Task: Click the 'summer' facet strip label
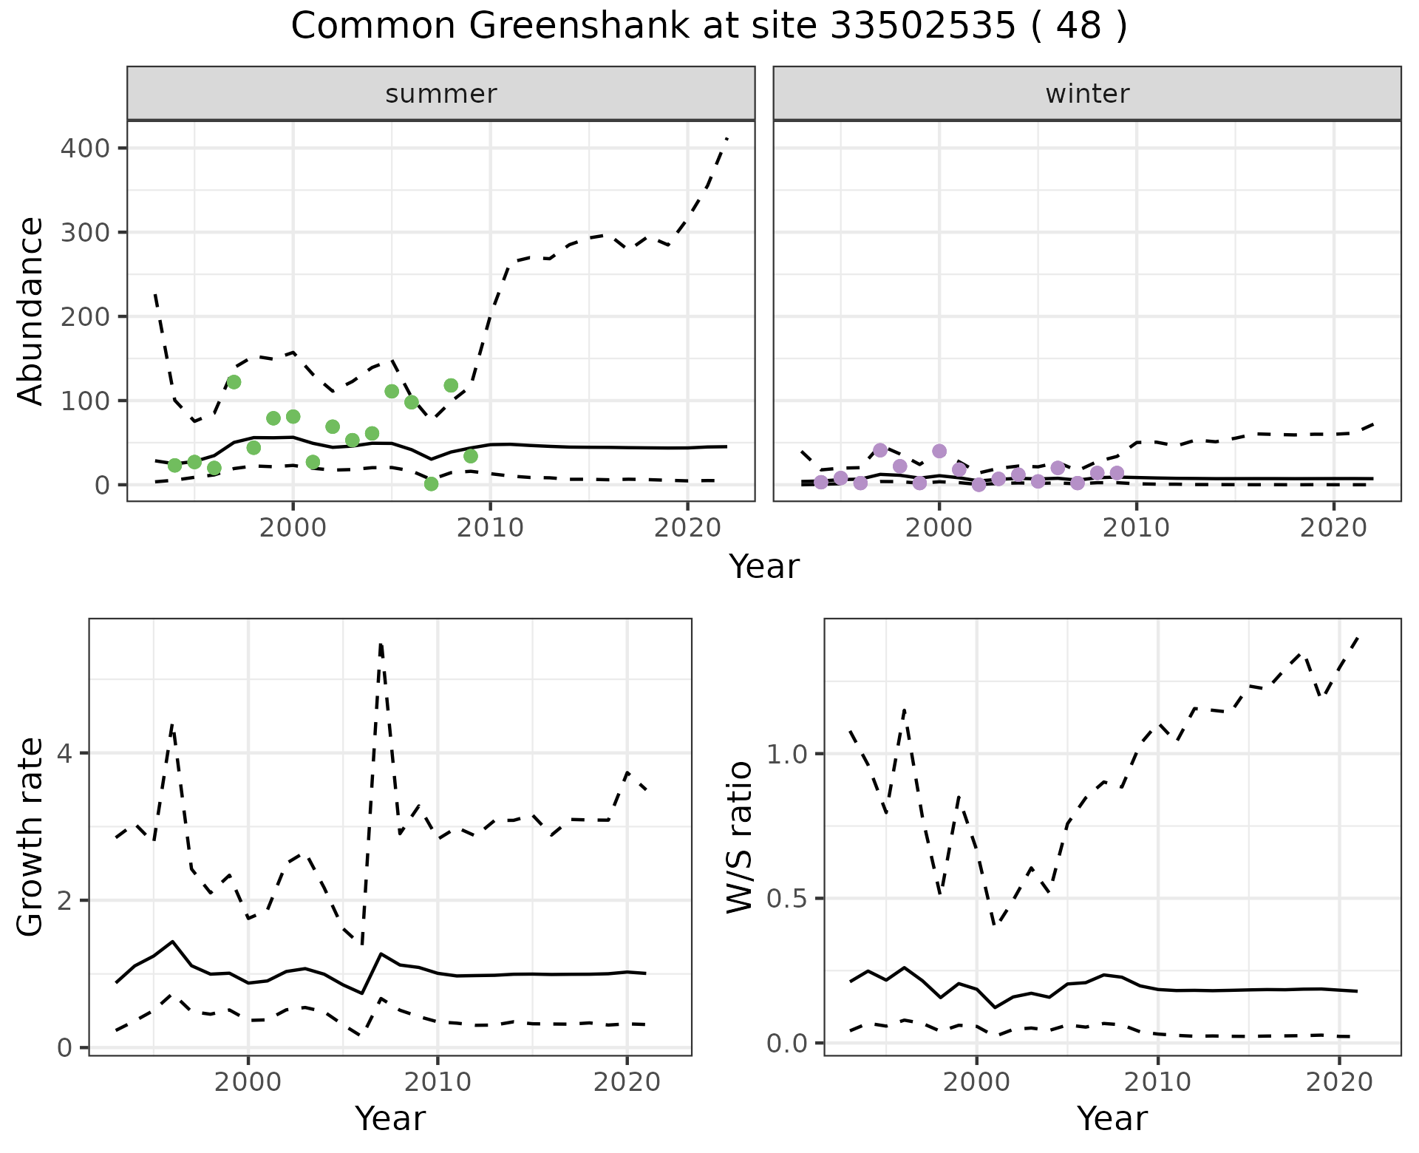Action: coord(441,94)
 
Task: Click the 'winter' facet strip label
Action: coord(1087,94)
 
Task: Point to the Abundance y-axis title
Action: coord(31,311)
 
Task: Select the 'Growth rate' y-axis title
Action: coord(31,837)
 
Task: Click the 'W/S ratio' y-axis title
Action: coord(739,837)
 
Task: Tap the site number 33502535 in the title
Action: coord(923,27)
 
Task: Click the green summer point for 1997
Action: coord(234,382)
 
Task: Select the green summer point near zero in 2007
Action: coord(432,484)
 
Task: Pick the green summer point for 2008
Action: coord(451,385)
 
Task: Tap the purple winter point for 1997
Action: coord(880,450)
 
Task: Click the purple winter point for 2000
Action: coord(939,451)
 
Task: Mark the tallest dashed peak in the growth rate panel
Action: coord(380,644)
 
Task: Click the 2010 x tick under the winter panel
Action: coord(1137,528)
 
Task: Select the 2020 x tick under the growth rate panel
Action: coord(627,1083)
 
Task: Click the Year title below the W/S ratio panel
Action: coord(1112,1118)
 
